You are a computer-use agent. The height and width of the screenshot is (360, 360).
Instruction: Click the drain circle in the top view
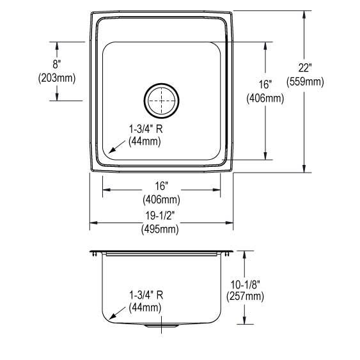tap(160, 99)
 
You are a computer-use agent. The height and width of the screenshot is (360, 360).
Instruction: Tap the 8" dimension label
tap(57, 65)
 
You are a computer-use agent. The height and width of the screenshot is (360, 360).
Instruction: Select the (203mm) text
tap(57, 79)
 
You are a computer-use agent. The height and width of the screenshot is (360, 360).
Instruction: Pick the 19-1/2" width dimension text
tap(160, 215)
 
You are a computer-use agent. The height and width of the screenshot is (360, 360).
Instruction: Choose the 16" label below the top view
tap(160, 185)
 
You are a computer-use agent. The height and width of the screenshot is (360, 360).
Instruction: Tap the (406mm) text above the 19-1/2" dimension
tap(160, 198)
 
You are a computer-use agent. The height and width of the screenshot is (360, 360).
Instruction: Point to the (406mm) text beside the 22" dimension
tap(265, 98)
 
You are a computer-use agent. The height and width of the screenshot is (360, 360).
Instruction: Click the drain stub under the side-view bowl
tap(160, 327)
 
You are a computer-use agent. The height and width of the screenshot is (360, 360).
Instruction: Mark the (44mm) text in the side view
tap(146, 308)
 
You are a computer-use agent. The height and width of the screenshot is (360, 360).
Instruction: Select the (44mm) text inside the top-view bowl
tap(146, 141)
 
